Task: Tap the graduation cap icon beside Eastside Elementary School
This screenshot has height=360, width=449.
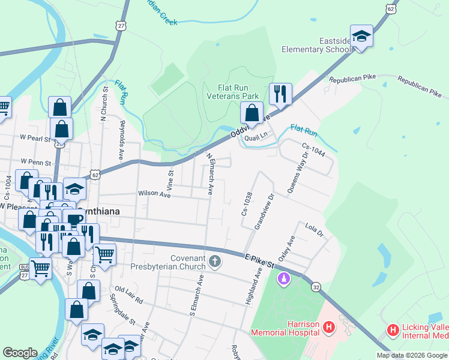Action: (x=361, y=37)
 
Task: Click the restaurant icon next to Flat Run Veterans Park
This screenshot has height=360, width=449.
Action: (x=280, y=94)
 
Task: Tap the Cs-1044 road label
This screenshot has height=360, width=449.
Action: (x=313, y=149)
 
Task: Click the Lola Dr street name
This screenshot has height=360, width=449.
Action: (x=314, y=228)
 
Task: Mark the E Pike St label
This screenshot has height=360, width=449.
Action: (x=259, y=259)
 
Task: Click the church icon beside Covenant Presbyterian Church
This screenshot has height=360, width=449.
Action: (x=215, y=261)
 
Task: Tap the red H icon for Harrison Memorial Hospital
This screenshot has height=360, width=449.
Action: (x=328, y=327)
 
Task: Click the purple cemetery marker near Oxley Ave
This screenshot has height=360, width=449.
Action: (x=284, y=279)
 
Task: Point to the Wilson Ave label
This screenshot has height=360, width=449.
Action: (x=151, y=193)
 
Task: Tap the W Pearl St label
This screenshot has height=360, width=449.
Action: (x=34, y=137)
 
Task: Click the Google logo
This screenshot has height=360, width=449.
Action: (x=20, y=353)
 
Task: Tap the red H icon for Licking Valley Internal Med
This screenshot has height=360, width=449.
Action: (x=393, y=329)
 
